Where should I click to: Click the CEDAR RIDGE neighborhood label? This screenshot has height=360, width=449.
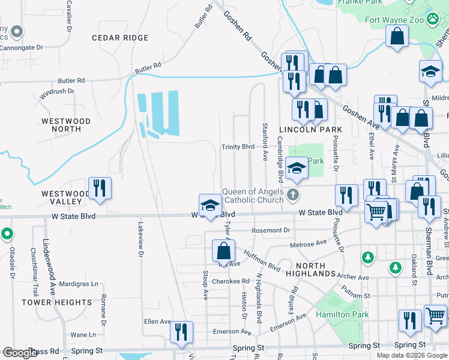tap(120, 38)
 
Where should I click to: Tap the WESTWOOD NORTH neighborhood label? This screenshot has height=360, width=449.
tap(66, 125)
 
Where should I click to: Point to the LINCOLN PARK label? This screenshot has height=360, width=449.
tap(310, 130)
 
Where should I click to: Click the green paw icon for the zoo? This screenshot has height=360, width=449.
tap(433, 19)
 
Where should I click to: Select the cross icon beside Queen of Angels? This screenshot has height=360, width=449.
tap(292, 194)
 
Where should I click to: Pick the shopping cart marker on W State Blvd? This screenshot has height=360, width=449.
tap(375, 211)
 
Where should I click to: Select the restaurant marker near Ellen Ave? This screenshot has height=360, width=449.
tap(181, 332)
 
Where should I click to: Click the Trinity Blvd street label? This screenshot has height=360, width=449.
tap(238, 147)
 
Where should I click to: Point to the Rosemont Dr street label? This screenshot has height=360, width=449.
tap(271, 230)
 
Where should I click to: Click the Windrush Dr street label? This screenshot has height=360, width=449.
tap(57, 91)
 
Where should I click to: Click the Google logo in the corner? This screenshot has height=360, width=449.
tap(20, 353)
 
